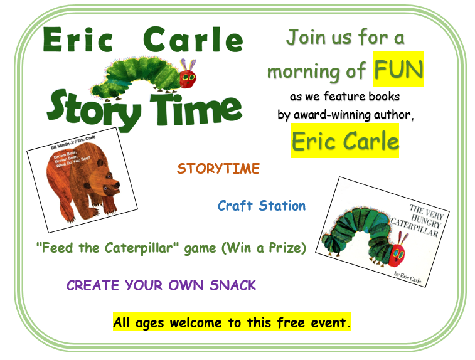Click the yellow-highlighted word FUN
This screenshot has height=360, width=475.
pyautogui.click(x=398, y=70)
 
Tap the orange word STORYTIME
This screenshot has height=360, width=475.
pyautogui.click(x=218, y=169)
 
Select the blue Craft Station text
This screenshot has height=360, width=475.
pyautogui.click(x=262, y=206)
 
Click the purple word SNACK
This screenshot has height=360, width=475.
pyautogui.click(x=233, y=285)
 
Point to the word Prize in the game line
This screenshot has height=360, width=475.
pyautogui.click(x=286, y=248)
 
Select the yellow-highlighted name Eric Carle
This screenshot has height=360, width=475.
pyautogui.click(x=345, y=140)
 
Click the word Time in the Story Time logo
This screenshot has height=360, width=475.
pyautogui.click(x=196, y=109)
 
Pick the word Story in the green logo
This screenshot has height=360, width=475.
pyautogui.click(x=94, y=110)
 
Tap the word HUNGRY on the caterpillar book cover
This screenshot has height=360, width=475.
pyautogui.click(x=425, y=220)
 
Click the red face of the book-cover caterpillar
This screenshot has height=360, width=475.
pyautogui.click(x=397, y=255)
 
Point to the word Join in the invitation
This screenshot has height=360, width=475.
pyautogui.click(x=306, y=37)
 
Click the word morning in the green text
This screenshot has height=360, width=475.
pyautogui.click(x=304, y=73)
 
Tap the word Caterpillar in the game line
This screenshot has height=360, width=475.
pyautogui.click(x=141, y=248)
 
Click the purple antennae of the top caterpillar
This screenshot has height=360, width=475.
pyautogui.click(x=188, y=64)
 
